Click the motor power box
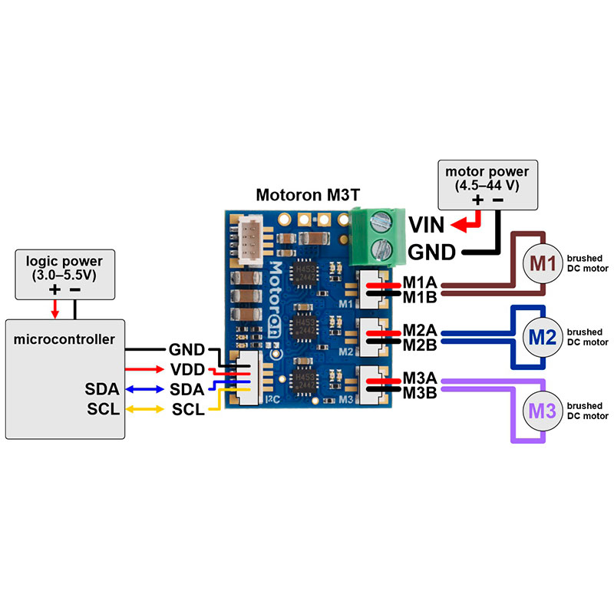tap(487, 184)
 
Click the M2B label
tap(419, 345)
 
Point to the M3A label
tap(419, 380)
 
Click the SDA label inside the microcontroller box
tap(104, 389)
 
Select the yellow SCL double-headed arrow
tap(145, 408)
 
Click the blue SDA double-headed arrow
tap(145, 389)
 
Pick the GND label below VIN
tap(432, 253)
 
